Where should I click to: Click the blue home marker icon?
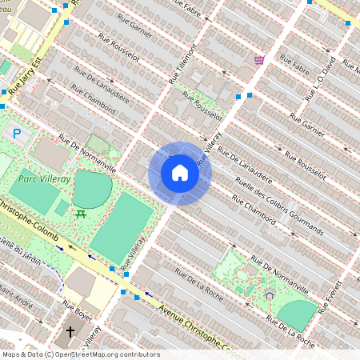click(180, 173)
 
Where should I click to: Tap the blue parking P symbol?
click(17, 134)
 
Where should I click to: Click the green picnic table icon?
click(81, 214)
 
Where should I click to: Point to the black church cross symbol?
click(70, 330)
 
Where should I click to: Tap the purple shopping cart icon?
click(259, 59)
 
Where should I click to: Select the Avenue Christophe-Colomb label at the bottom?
click(192, 328)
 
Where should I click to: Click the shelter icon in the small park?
click(270, 294)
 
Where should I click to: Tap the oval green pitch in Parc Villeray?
click(93, 189)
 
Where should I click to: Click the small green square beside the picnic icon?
click(62, 207)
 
